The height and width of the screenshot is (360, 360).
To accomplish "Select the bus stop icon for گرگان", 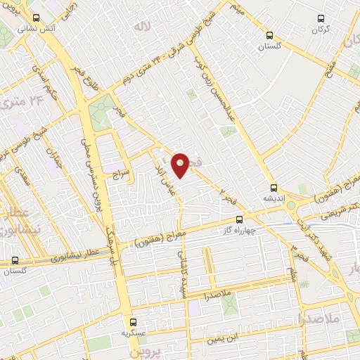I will (321, 19).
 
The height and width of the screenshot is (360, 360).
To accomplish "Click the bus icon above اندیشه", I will (274, 188).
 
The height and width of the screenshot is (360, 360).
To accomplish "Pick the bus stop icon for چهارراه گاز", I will (240, 219).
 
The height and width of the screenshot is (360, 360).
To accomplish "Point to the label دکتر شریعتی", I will (323, 210).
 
